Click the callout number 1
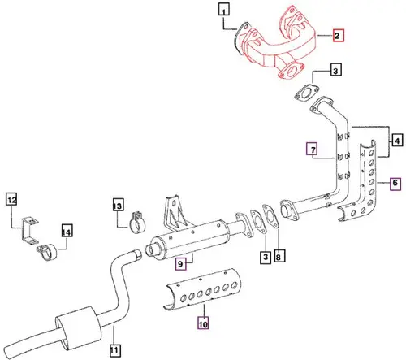coord(224,11)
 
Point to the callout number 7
coord(310,148)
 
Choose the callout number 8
coord(279,258)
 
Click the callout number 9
coord(182,262)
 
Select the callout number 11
coord(114,351)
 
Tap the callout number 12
coord(12,199)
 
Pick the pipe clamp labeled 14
coord(50,253)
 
